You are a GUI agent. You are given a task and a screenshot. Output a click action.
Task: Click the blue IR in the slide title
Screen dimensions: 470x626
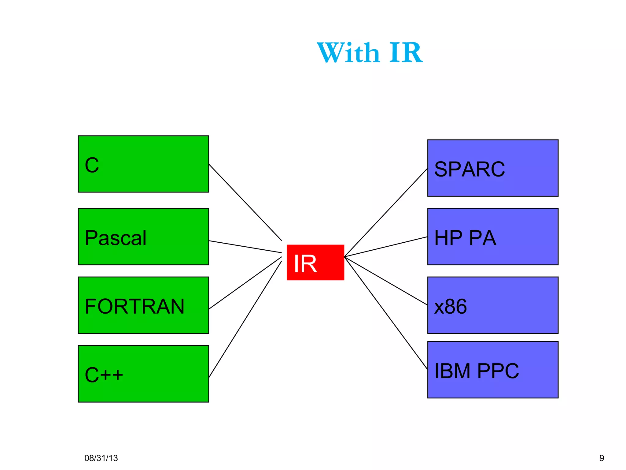point(406,53)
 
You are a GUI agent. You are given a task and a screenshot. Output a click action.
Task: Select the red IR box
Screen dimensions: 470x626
point(315,262)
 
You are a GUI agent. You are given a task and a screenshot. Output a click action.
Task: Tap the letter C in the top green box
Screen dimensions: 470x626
point(92,165)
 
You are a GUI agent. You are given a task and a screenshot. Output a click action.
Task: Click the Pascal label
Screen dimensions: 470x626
point(116,238)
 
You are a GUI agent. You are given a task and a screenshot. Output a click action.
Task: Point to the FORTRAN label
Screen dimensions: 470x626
point(134,306)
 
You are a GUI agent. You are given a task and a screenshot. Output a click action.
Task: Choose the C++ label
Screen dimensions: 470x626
point(104,375)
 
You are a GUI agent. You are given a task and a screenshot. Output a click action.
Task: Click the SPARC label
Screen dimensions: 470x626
point(469,169)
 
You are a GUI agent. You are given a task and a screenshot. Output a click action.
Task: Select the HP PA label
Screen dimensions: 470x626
point(465,238)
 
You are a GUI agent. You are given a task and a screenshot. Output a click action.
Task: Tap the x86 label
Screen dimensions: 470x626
point(450,306)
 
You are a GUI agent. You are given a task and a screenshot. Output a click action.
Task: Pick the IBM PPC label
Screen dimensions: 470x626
point(476,371)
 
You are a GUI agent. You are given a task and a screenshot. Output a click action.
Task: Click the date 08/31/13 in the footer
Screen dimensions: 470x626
point(101,458)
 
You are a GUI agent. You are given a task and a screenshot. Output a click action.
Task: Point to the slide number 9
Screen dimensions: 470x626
point(602,458)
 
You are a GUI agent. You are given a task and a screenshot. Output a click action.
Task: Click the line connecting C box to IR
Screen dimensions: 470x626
point(245,202)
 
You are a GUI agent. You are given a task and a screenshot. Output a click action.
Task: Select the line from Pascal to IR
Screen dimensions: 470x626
point(245,247)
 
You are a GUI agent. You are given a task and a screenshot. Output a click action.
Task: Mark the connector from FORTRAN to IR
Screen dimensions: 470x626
point(245,283)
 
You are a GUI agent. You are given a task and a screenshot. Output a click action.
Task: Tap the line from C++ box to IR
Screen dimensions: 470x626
point(245,319)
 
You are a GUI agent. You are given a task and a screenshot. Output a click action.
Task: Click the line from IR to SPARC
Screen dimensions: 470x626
point(386,213)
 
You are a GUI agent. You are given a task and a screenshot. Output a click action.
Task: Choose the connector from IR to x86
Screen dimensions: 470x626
point(386,281)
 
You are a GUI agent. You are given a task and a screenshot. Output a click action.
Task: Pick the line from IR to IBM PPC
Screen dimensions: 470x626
point(386,313)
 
